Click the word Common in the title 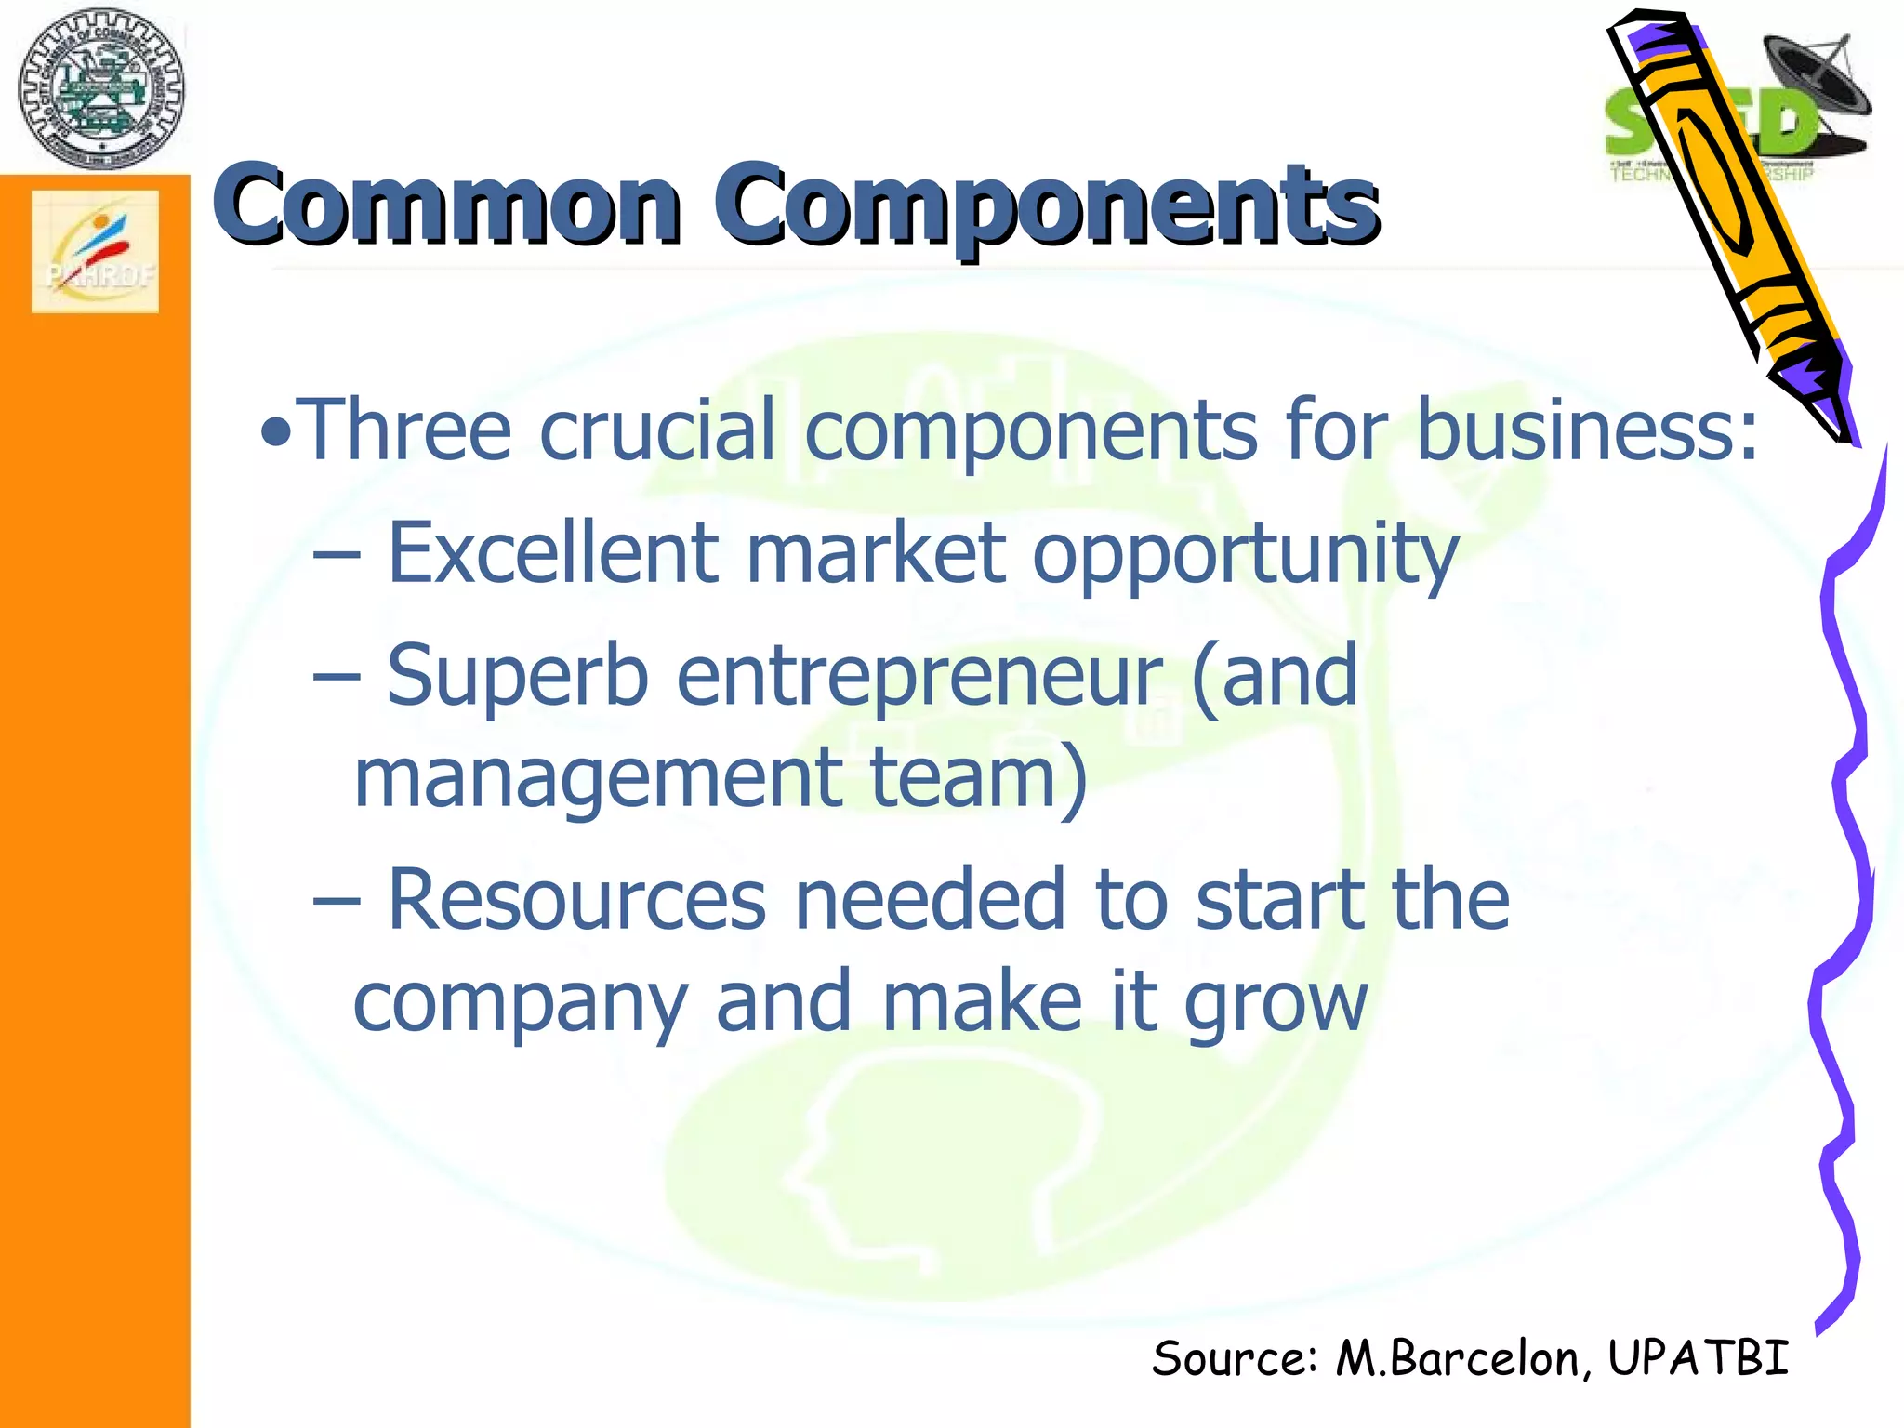tap(446, 205)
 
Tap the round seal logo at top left tap(100, 89)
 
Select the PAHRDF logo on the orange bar tap(95, 251)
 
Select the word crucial tap(656, 430)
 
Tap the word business tap(1586, 430)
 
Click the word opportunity tap(1246, 556)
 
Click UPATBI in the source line tap(1698, 1358)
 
